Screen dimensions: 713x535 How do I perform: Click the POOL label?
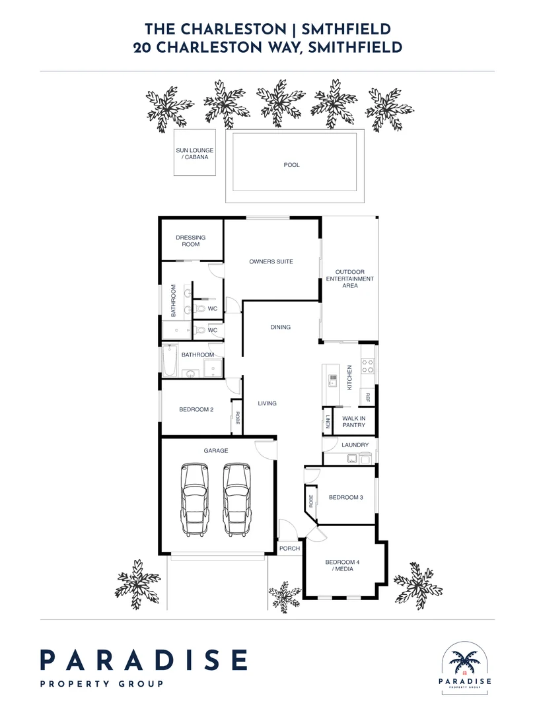point(291,165)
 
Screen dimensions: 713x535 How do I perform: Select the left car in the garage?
point(195,499)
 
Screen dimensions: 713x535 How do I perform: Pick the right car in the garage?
point(237,499)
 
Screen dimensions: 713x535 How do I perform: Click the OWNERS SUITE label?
point(271,261)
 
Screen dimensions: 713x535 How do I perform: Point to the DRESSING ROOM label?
point(190,241)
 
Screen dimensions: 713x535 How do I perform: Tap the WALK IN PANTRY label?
point(354,421)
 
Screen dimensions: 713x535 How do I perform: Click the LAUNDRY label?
point(355,445)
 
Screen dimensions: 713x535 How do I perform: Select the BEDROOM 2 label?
point(196,409)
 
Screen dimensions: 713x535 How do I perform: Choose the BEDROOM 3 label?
point(346,497)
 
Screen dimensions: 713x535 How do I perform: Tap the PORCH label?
point(290,548)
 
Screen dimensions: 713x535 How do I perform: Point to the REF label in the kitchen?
point(367,398)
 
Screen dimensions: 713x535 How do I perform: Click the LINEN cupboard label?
point(327,420)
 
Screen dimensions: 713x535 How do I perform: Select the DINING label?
point(281,327)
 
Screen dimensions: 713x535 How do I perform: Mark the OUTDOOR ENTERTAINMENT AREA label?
point(350,279)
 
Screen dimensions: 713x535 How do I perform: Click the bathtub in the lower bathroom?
point(168,360)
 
